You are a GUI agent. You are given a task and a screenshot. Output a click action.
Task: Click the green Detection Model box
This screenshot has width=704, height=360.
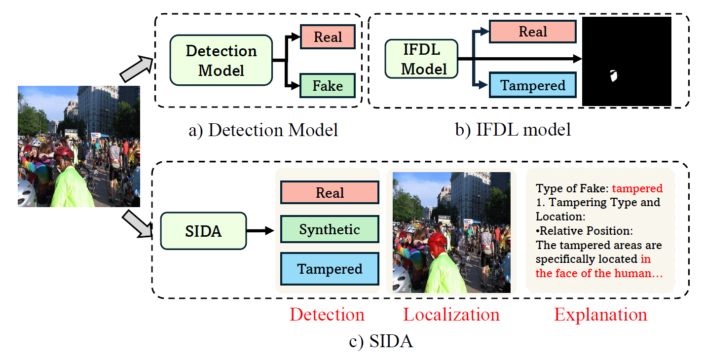pyautogui.click(x=221, y=60)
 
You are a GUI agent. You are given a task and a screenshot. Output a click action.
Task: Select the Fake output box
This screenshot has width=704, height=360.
pyautogui.click(x=328, y=86)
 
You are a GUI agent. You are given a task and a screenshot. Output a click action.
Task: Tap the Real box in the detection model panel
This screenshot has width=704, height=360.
pyautogui.click(x=328, y=37)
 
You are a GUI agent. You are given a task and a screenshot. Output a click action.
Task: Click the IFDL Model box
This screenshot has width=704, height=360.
pyautogui.click(x=421, y=59)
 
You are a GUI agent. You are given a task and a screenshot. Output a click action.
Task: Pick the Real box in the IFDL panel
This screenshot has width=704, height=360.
pyautogui.click(x=533, y=32)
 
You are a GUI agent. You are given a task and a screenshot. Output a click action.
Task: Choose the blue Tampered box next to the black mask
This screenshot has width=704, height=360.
pyautogui.click(x=533, y=85)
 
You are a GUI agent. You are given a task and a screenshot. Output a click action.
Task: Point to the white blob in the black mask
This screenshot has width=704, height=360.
pyautogui.click(x=613, y=76)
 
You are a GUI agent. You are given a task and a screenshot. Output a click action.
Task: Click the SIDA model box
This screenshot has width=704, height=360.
pyautogui.click(x=203, y=231)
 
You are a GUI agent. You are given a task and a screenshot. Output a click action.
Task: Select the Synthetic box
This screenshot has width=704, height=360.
pyautogui.click(x=330, y=229)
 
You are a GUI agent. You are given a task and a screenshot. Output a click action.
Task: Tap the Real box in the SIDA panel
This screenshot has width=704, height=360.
pyautogui.click(x=330, y=192)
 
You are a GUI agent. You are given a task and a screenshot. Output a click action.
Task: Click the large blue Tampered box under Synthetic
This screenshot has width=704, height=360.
pyautogui.click(x=330, y=269)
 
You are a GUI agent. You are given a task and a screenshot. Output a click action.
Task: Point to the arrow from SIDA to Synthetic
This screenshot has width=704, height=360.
pyautogui.click(x=260, y=231)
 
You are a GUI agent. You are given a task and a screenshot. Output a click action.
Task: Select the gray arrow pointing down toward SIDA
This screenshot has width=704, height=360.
pyautogui.click(x=138, y=224)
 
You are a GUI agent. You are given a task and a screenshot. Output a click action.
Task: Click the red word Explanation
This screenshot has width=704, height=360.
pyautogui.click(x=600, y=314)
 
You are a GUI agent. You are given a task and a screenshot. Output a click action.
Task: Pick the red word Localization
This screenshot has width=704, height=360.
pyautogui.click(x=451, y=314)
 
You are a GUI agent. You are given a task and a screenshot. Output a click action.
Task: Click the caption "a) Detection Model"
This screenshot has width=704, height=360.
pyautogui.click(x=263, y=130)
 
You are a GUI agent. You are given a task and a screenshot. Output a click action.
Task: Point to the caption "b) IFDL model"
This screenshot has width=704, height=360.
pyautogui.click(x=513, y=129)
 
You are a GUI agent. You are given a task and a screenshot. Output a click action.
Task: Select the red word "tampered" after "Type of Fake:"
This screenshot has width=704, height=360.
pyautogui.click(x=637, y=188)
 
